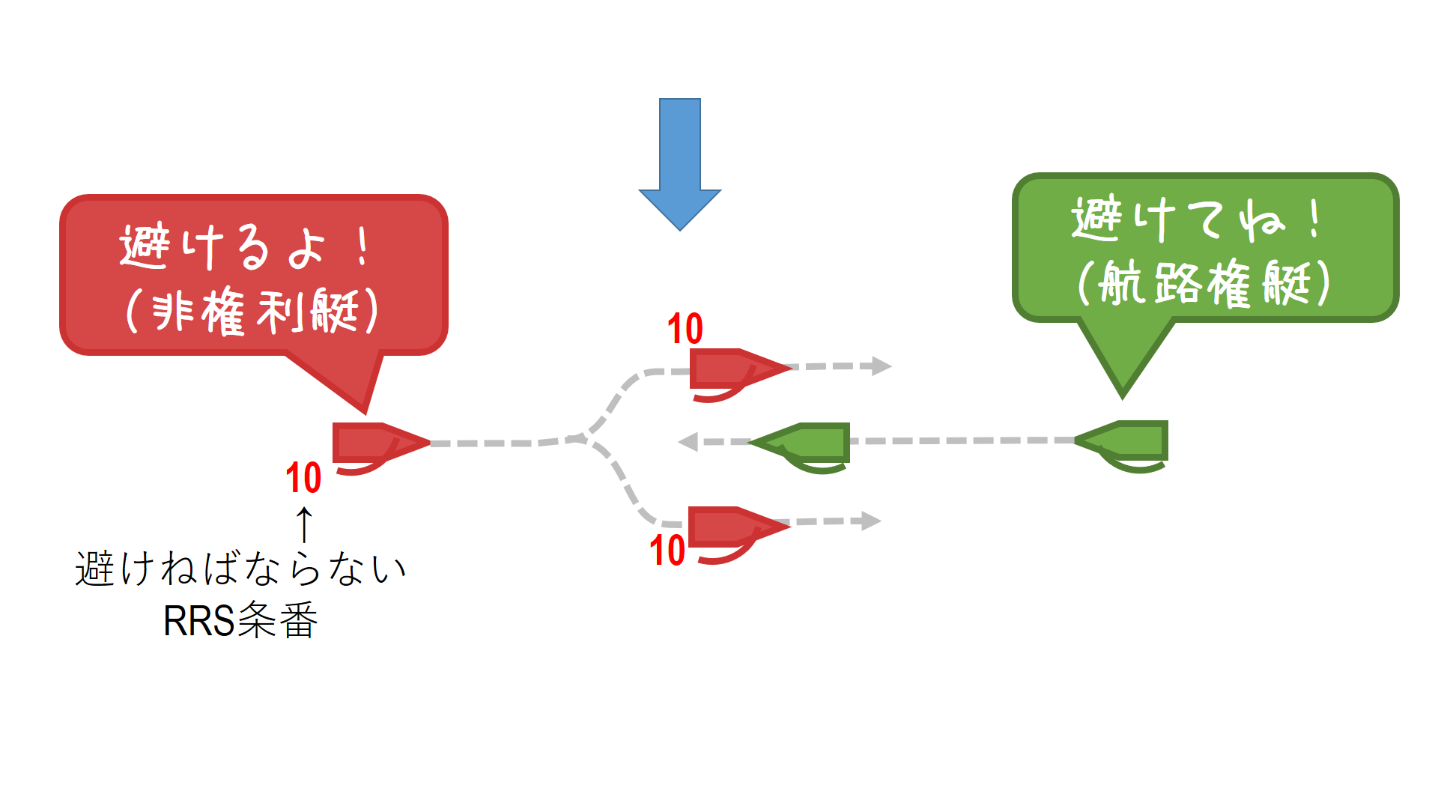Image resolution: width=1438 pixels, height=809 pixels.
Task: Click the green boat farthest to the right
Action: point(1127,441)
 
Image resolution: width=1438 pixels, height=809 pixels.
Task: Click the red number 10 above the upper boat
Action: point(685,329)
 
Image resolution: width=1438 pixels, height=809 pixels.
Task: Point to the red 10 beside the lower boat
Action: point(667,551)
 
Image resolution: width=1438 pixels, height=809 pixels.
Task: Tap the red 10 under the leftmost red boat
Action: point(303,478)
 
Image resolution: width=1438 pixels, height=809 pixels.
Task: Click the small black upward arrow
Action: point(304,524)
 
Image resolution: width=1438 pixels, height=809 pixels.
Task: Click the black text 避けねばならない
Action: point(240,569)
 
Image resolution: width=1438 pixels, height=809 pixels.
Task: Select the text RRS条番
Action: point(240,620)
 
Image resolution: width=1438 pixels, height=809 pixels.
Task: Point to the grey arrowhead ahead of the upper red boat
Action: point(881,366)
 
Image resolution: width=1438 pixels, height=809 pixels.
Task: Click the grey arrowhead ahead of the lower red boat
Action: point(871,521)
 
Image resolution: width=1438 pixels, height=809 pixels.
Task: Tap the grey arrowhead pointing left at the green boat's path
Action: point(688,442)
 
